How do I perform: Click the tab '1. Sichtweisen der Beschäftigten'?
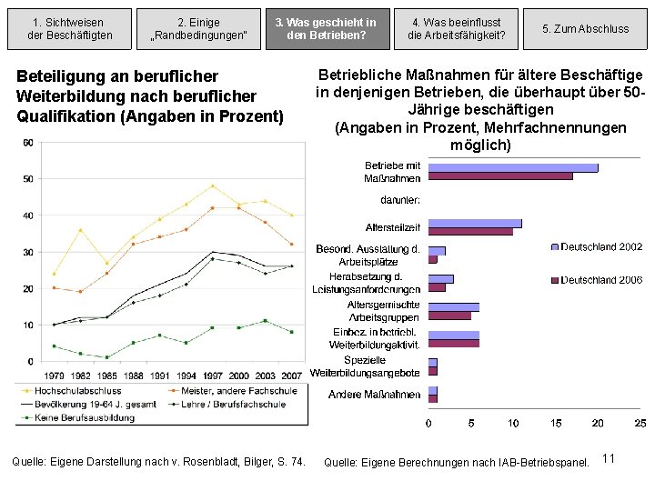click(x=67, y=28)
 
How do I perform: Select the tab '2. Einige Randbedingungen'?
click(x=198, y=28)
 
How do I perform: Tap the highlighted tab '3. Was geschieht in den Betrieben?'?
click(x=331, y=28)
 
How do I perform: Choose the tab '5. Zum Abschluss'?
click(x=585, y=28)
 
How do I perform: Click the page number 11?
click(x=609, y=458)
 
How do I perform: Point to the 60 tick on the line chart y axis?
click(x=28, y=143)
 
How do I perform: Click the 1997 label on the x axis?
click(x=212, y=375)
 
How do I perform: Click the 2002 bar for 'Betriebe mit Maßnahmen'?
click(x=512, y=167)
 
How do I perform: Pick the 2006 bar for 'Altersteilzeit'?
click(x=470, y=232)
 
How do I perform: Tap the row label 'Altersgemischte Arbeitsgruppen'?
click(x=383, y=311)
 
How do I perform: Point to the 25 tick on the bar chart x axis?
click(x=640, y=422)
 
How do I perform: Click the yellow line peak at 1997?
click(x=212, y=185)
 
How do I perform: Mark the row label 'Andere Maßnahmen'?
click(x=375, y=395)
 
